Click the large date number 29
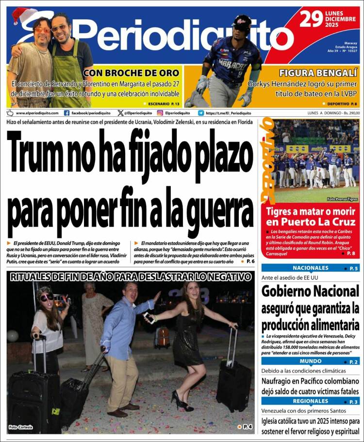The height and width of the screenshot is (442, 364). (312, 19)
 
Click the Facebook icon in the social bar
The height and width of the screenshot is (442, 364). (67, 113)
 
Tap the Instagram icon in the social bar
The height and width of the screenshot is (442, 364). (160, 113)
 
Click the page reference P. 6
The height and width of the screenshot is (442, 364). (250, 262)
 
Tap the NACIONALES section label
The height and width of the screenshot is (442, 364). (311, 268)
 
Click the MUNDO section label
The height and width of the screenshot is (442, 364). (311, 361)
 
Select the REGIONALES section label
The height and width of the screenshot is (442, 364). (311, 401)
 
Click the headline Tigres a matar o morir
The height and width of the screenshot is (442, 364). (311, 217)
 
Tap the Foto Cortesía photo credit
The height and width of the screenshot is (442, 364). (20, 427)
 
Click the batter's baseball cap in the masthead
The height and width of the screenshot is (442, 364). (241, 21)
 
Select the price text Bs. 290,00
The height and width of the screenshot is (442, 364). (349, 113)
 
